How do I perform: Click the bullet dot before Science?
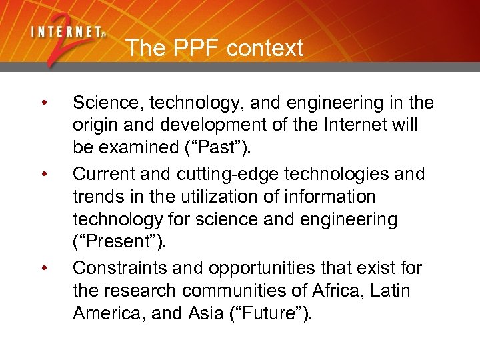pyautogui.click(x=43, y=103)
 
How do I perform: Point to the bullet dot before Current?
pyautogui.click(x=43, y=175)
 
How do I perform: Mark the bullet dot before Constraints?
pyautogui.click(x=43, y=268)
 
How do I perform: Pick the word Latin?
pyautogui.click(x=389, y=291)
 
